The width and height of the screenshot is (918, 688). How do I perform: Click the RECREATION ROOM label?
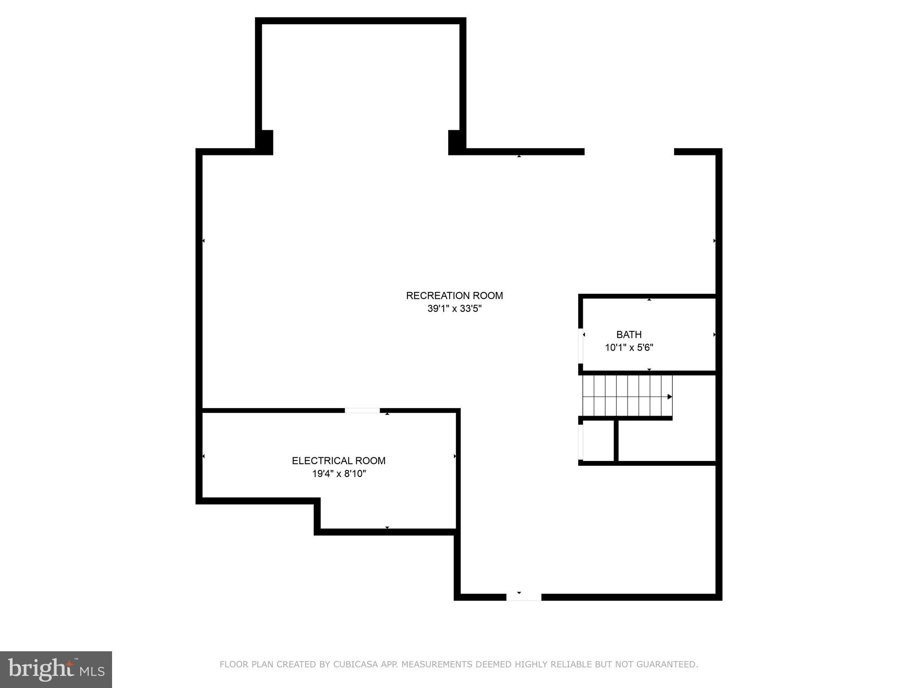(454, 296)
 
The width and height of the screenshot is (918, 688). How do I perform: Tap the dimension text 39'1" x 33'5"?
(454, 309)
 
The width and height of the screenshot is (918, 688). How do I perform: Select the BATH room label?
(629, 335)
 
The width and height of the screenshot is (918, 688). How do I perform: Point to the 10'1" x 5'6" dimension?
(629, 348)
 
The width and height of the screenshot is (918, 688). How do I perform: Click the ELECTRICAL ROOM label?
(338, 460)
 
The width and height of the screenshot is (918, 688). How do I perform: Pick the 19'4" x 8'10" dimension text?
(339, 473)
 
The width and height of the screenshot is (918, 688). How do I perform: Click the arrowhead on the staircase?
(670, 397)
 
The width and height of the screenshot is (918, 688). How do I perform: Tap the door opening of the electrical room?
(362, 411)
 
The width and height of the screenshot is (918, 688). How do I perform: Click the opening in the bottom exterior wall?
(524, 597)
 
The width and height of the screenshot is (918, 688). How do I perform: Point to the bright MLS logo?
(56, 670)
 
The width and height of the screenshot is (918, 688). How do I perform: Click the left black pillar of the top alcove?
(264, 142)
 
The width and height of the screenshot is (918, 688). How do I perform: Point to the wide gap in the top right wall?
(629, 152)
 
